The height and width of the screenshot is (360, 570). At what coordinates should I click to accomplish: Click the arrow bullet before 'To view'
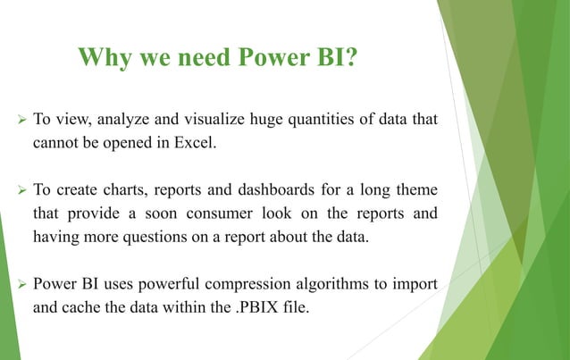point(16,119)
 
